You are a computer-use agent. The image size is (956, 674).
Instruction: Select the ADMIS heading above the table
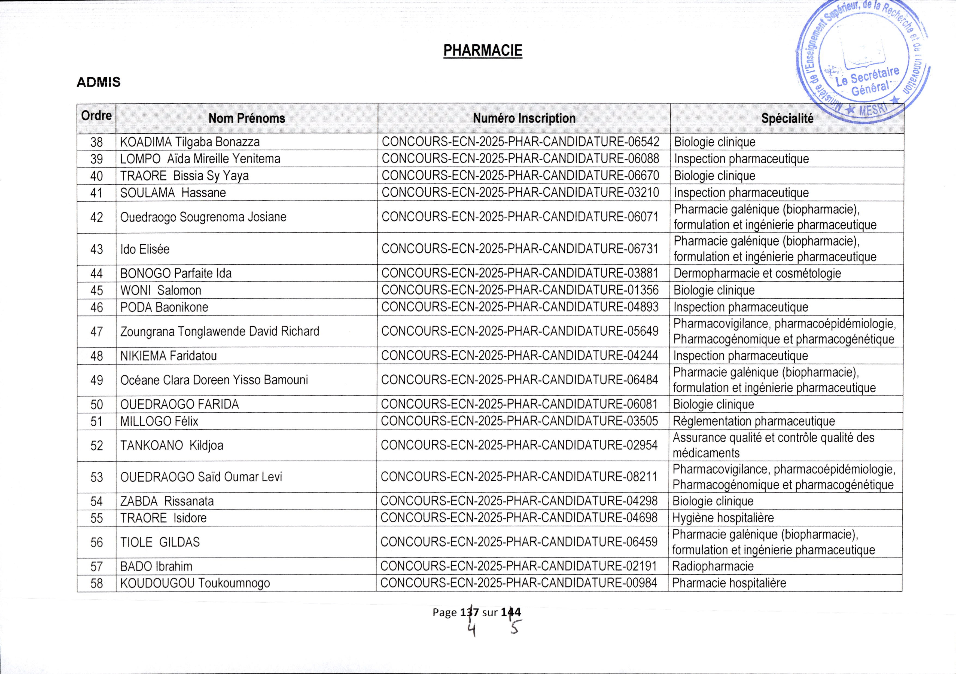pyautogui.click(x=98, y=82)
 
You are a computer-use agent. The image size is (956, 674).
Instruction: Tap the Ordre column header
pyautogui.click(x=96, y=116)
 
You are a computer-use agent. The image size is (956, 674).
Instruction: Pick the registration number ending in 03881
pyautogui.click(x=520, y=273)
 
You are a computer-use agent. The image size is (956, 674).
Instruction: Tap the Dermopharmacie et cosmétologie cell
pyautogui.click(x=757, y=273)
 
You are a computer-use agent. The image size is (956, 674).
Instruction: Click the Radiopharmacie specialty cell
pyautogui.click(x=713, y=566)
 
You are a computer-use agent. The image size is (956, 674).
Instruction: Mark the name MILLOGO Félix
pyautogui.click(x=159, y=421)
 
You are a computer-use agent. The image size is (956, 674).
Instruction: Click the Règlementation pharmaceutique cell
pyautogui.click(x=754, y=421)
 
